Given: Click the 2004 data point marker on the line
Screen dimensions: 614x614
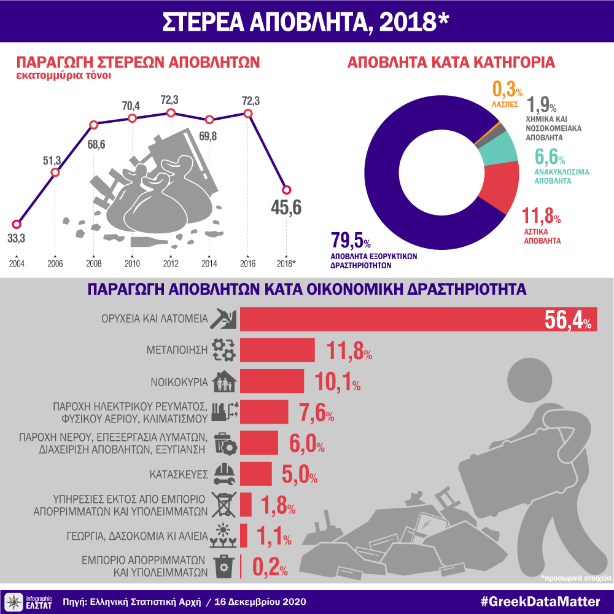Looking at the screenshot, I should coord(17,224).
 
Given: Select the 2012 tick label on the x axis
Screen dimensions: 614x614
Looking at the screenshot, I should coord(171,263).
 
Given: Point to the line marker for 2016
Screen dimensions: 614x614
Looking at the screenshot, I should coord(248,114).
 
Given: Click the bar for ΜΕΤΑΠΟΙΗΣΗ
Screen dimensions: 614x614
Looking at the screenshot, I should coord(277,350).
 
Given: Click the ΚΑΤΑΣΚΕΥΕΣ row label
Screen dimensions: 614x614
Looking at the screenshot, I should coord(179,474).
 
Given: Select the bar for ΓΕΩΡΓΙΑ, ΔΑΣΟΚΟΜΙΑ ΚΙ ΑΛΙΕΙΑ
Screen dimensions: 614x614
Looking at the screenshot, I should coord(244,535).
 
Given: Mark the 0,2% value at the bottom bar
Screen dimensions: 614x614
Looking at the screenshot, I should coord(270,567).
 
